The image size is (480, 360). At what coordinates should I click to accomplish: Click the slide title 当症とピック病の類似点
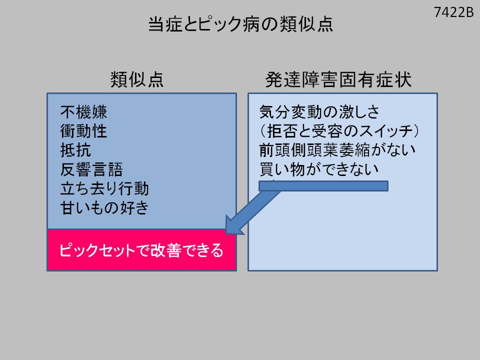click(240, 24)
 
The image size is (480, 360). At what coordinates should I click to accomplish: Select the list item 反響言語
click(92, 169)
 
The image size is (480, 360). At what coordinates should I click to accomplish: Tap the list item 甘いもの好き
click(104, 207)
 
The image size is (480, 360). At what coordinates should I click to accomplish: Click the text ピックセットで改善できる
click(141, 250)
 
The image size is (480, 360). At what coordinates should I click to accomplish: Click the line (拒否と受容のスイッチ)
click(339, 131)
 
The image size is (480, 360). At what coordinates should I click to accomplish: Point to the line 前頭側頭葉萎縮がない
click(338, 150)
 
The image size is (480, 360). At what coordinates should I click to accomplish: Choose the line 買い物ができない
click(319, 170)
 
